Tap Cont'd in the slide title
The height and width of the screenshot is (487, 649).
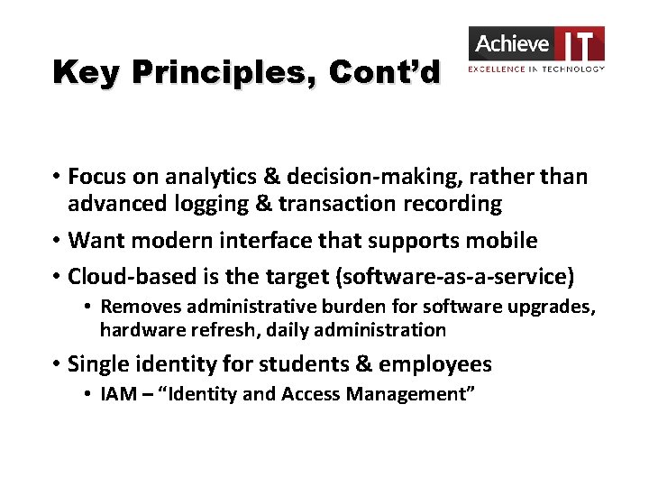tap(384, 72)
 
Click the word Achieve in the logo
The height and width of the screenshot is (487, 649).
tap(512, 43)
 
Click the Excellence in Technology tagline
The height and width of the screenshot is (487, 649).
tap(535, 69)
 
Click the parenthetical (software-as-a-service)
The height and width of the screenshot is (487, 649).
tap(452, 276)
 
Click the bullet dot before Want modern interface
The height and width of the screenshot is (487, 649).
tap(56, 242)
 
